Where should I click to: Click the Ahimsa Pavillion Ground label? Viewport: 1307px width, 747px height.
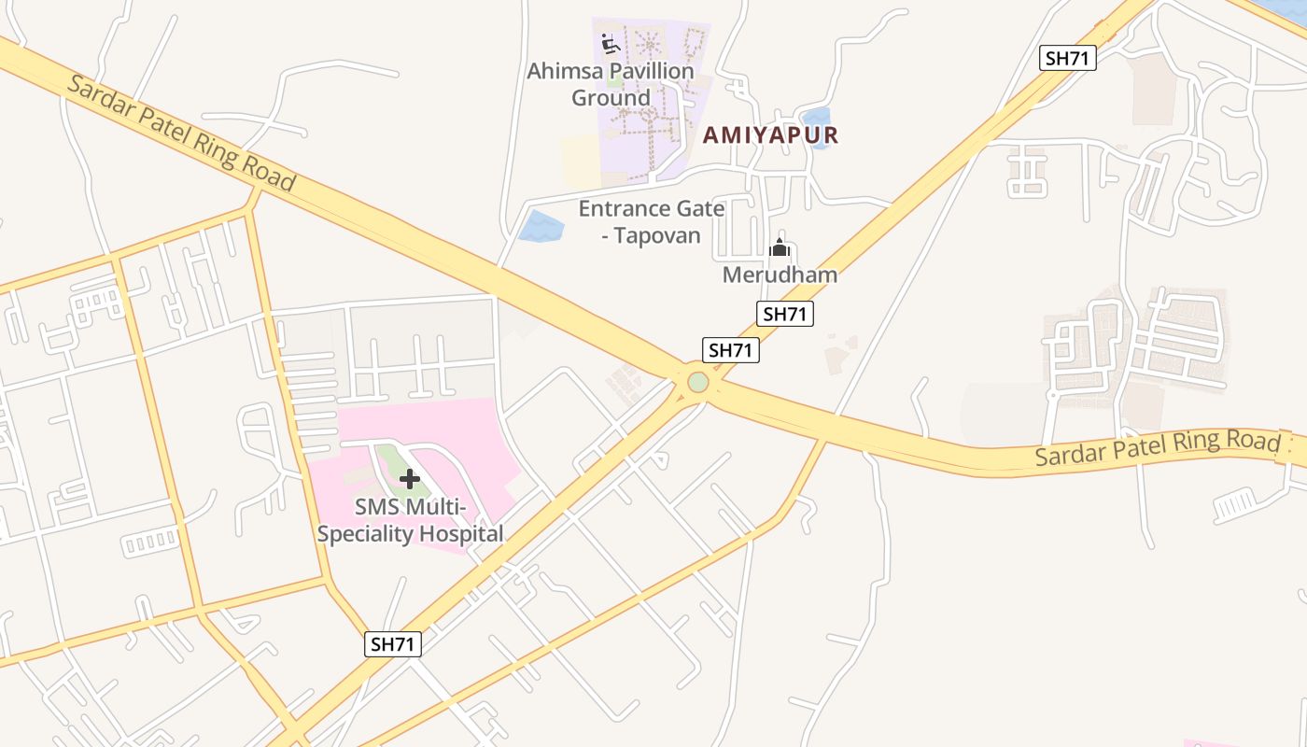[611, 84]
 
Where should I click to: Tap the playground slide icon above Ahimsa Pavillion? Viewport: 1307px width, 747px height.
[611, 43]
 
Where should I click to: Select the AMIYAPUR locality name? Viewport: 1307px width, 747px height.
[770, 135]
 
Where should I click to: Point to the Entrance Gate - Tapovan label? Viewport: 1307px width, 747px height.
[651, 221]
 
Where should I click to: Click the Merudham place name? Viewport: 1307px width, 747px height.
[780, 275]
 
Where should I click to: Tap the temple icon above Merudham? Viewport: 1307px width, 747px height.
[780, 248]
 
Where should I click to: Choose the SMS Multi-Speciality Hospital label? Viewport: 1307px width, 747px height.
[410, 521]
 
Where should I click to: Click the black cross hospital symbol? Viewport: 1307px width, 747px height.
[409, 479]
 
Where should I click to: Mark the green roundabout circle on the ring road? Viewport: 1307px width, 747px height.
[698, 383]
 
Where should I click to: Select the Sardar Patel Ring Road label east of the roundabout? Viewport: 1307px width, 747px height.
[1157, 448]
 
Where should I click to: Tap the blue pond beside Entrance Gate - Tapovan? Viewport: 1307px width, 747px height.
[541, 226]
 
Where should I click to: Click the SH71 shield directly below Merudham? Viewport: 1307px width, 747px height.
[784, 314]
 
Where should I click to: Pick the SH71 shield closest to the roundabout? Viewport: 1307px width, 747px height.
[731, 350]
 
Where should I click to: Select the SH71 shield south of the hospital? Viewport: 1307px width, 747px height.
[393, 643]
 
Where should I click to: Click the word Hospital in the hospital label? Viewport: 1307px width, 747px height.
[457, 534]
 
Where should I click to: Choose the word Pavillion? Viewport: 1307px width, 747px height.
[638, 71]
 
